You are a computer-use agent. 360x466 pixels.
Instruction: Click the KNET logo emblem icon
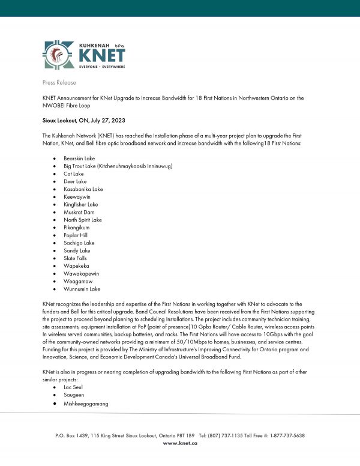pyautogui.click(x=58, y=55)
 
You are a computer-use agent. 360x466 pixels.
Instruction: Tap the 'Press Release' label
pyautogui.click(x=58, y=80)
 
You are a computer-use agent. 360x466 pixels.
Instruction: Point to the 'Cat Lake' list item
pyautogui.click(x=73, y=174)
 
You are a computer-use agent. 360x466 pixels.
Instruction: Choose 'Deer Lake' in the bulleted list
pyautogui.click(x=75, y=181)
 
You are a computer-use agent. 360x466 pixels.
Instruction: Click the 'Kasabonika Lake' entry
pyautogui.click(x=83, y=189)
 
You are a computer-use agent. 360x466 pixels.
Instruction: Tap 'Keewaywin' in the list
pyautogui.click(x=77, y=196)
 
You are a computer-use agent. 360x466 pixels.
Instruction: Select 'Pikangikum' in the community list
pyautogui.click(x=77, y=228)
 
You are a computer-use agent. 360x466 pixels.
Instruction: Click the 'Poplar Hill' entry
pyautogui.click(x=76, y=235)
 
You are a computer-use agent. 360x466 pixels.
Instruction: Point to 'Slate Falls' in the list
pyautogui.click(x=75, y=258)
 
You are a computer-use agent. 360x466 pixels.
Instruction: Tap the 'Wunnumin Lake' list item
pyautogui.click(x=81, y=289)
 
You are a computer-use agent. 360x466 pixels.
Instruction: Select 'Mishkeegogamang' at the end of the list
pyautogui.click(x=84, y=404)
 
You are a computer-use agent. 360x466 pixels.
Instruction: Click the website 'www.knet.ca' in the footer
pyautogui.click(x=179, y=443)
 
